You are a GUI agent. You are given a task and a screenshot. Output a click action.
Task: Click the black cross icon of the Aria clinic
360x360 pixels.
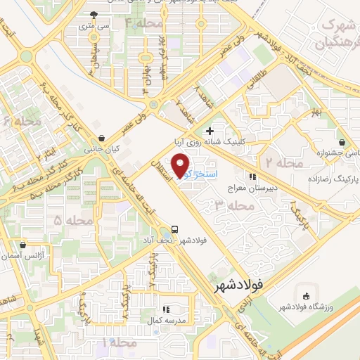pyautogui.click(x=210, y=131)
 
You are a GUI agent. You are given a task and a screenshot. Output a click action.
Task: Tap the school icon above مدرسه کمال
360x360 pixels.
pyautogui.click(x=167, y=309)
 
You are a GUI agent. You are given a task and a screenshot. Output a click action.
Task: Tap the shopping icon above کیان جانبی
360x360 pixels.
pyautogui.click(x=103, y=138)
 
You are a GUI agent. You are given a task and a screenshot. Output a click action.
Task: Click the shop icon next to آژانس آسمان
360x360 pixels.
pyautogui.click(x=24, y=245)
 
